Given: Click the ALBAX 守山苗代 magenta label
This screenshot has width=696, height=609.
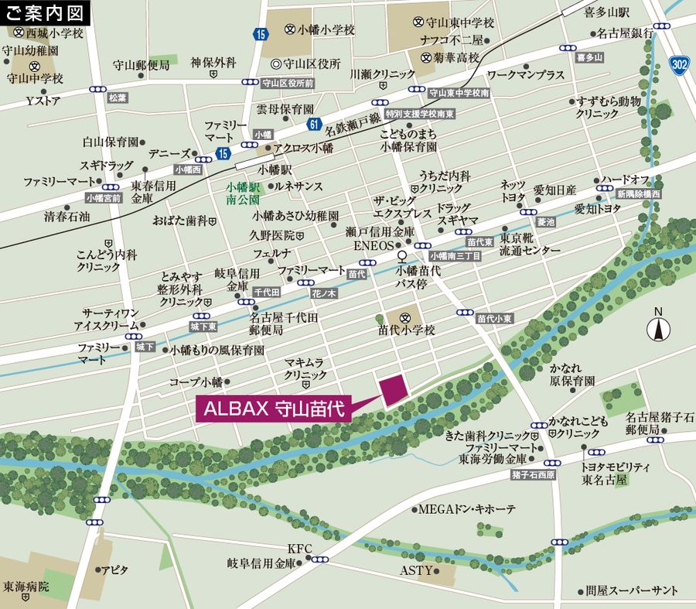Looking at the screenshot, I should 274,407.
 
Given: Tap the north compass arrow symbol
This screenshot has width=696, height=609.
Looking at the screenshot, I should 659,327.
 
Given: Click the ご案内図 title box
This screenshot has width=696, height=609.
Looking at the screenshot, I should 45,12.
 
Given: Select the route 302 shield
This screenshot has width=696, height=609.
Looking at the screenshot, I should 679,64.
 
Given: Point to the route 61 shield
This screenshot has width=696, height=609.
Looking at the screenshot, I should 313,124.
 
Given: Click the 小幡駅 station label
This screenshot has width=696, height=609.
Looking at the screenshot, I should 275,169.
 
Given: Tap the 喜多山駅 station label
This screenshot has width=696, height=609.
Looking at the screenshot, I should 607,13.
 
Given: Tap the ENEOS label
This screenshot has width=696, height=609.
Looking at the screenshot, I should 374,245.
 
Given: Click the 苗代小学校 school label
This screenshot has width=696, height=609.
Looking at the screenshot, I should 407,330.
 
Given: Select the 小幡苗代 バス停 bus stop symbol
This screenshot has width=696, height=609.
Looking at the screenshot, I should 402,255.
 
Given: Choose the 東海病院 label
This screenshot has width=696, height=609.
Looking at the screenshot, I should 26,587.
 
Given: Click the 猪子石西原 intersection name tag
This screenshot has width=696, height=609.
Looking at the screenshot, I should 533,474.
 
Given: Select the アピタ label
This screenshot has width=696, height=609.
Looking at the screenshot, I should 115,570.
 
